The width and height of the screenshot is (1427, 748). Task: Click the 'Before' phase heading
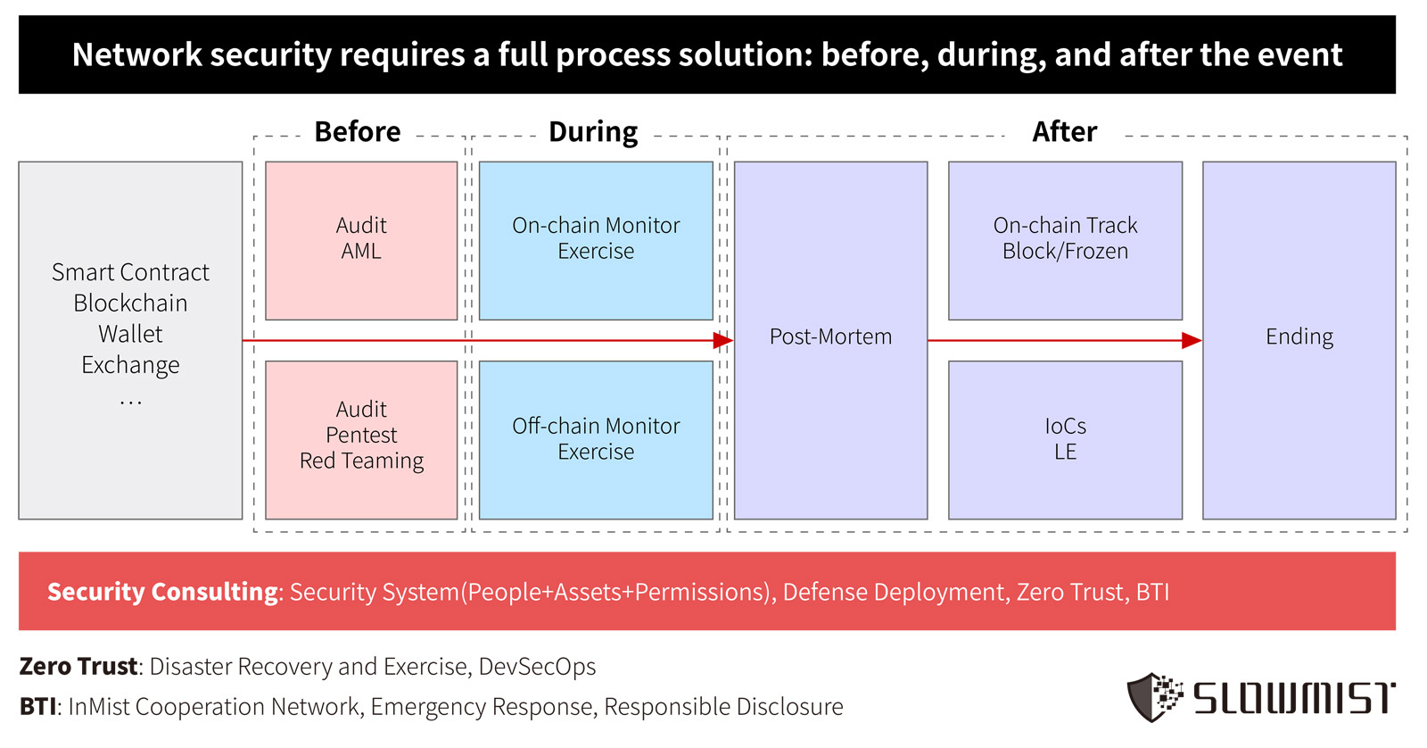[358, 132]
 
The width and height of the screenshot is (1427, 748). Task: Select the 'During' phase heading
[593, 132]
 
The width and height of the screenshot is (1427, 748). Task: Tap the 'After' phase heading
[1065, 132]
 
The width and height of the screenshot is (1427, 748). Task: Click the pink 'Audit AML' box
[361, 240]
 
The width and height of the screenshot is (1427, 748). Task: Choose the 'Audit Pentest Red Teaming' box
[361, 440]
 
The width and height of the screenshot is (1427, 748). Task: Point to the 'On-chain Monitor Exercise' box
[596, 240]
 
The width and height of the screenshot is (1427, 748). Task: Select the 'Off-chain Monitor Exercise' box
[596, 440]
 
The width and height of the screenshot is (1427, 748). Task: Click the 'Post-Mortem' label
[830, 336]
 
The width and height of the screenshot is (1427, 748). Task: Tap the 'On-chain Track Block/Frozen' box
[1065, 240]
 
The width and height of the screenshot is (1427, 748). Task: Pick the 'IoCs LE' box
[1065, 440]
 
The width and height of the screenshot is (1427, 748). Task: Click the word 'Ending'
[1299, 337]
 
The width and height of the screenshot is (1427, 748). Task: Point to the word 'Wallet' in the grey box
[130, 334]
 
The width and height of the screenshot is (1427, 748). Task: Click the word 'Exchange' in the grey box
[130, 365]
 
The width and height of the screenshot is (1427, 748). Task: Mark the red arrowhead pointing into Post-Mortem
[723, 340]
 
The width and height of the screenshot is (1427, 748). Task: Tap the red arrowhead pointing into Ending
[1192, 340]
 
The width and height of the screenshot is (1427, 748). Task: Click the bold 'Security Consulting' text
[163, 592]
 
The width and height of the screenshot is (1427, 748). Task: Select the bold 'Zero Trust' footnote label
[78, 667]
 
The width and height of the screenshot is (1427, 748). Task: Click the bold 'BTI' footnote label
[38, 707]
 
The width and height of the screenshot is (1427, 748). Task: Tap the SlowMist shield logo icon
[1155, 697]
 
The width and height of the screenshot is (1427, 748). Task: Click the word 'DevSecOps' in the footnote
[537, 667]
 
